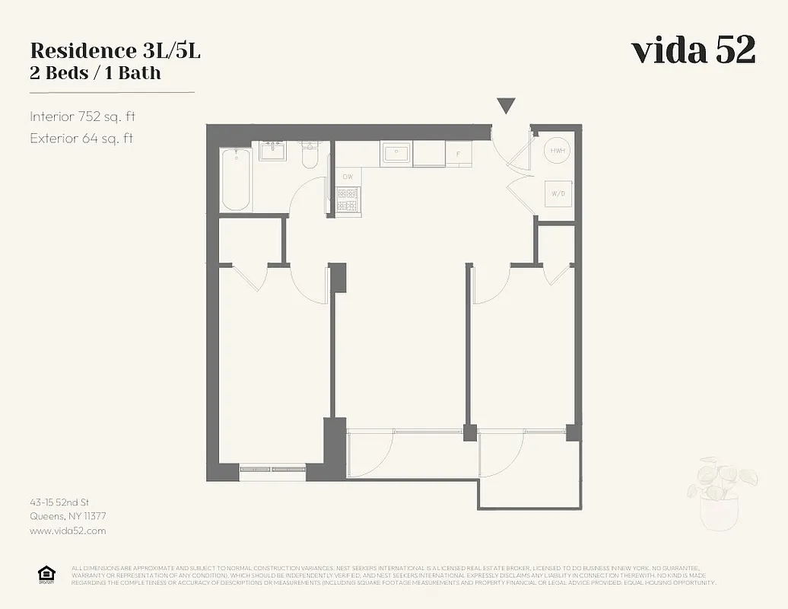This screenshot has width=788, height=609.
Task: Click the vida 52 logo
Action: (x=693, y=50)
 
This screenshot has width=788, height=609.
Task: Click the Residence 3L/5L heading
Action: (x=116, y=51)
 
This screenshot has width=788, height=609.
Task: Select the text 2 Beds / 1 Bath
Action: (x=95, y=74)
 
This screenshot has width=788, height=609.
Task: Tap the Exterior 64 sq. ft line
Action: (x=81, y=139)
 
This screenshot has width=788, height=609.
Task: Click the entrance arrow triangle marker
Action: (x=506, y=106)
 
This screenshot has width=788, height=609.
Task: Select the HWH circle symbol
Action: (x=557, y=151)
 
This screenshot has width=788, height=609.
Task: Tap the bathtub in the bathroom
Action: (x=235, y=180)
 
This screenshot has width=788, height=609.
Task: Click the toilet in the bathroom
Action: (x=310, y=155)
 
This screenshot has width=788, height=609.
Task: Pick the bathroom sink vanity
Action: (x=272, y=151)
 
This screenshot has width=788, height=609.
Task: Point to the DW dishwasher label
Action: (x=348, y=177)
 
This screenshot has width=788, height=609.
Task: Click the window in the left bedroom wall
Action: (x=272, y=469)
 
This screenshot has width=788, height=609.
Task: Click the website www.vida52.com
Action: (x=68, y=531)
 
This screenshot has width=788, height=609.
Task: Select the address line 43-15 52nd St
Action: (x=60, y=502)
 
